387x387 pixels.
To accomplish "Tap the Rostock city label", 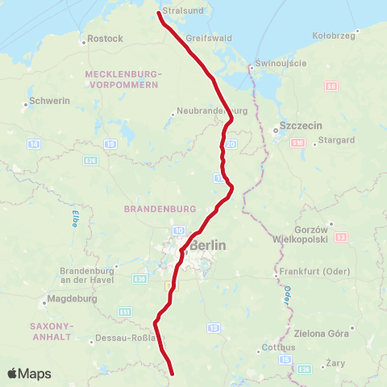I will (105, 39).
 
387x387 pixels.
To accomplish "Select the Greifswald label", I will (208, 38).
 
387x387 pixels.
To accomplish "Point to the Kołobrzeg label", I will (334, 36).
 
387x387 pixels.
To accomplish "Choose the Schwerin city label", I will (49, 101).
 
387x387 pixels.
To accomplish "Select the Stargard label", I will (337, 139).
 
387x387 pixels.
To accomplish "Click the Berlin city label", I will (208, 245).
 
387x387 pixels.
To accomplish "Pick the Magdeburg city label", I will (73, 298).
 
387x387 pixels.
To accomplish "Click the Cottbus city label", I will (280, 348).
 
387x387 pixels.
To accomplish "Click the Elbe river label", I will (73, 218).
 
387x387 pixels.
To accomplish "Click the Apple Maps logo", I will (28, 373).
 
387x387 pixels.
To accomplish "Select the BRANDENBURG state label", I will (155, 208).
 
